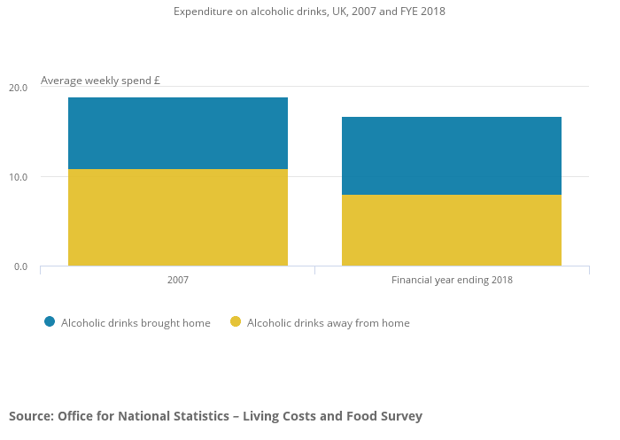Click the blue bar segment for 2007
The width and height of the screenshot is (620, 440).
178,133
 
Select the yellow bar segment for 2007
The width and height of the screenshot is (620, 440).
178,217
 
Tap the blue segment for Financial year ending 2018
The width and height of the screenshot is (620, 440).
452,156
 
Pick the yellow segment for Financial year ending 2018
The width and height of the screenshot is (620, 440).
452,230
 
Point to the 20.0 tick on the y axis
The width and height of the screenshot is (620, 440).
19,88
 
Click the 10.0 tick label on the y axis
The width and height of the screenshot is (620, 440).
19,177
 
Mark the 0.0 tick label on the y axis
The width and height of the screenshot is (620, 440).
20,266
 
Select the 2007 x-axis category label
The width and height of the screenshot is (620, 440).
178,280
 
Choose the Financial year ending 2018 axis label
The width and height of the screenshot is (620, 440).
452,280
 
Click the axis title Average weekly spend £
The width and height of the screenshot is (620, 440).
100,81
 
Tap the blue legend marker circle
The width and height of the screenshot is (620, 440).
50,322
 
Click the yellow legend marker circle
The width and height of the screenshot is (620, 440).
236,322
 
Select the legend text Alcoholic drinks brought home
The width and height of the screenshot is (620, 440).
136,323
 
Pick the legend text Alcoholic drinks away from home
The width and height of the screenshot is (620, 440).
329,323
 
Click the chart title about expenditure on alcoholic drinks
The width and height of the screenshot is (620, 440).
309,12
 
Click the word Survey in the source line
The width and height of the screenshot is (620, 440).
400,416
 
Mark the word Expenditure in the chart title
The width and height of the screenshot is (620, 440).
203,12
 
